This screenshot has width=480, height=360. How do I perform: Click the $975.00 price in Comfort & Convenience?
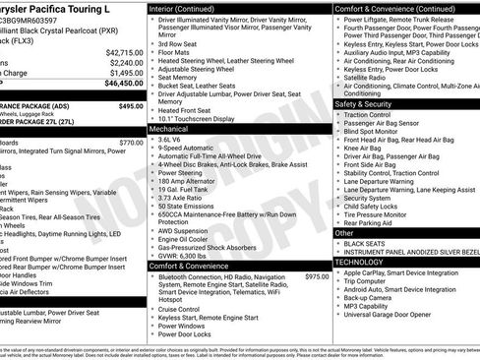pos(317,277)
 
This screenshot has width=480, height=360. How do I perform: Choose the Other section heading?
pos(344,233)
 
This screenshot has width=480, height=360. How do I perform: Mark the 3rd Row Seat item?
pos(180,44)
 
